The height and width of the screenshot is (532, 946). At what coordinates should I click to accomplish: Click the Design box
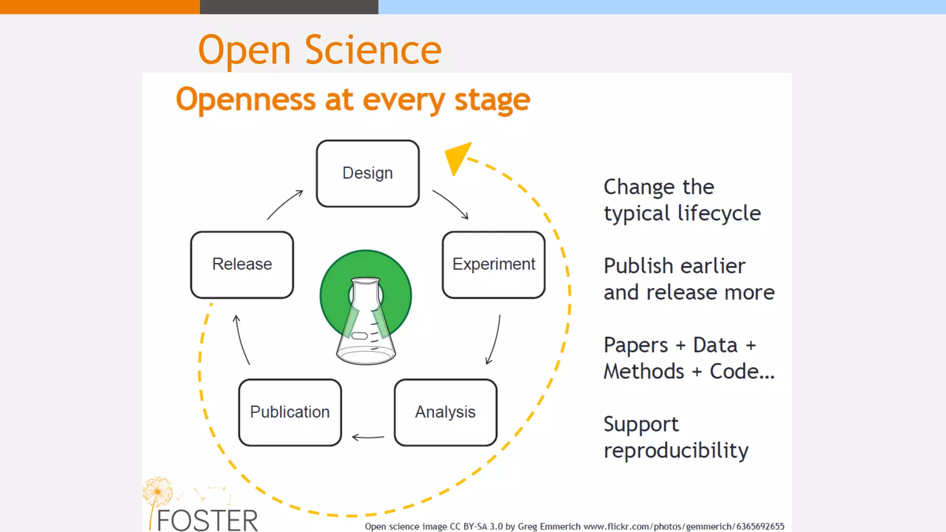click(x=368, y=174)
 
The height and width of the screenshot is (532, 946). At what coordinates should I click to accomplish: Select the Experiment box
click(x=493, y=265)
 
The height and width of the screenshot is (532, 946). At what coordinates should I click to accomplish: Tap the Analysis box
click(x=445, y=412)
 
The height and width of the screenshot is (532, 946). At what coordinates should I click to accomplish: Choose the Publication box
click(x=290, y=412)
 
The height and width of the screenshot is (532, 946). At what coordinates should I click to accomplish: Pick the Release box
click(x=242, y=265)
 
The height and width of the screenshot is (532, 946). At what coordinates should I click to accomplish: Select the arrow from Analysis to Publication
click(x=368, y=437)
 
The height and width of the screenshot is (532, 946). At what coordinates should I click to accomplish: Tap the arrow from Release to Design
click(x=285, y=204)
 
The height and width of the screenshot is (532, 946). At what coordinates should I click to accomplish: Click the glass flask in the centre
click(x=366, y=323)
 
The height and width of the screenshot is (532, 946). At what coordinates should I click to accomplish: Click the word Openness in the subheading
click(x=246, y=100)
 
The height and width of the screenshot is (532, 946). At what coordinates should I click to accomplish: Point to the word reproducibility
click(x=676, y=450)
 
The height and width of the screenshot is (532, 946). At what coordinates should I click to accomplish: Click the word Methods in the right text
click(x=643, y=371)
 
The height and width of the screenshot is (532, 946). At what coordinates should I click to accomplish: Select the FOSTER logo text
click(x=207, y=520)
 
